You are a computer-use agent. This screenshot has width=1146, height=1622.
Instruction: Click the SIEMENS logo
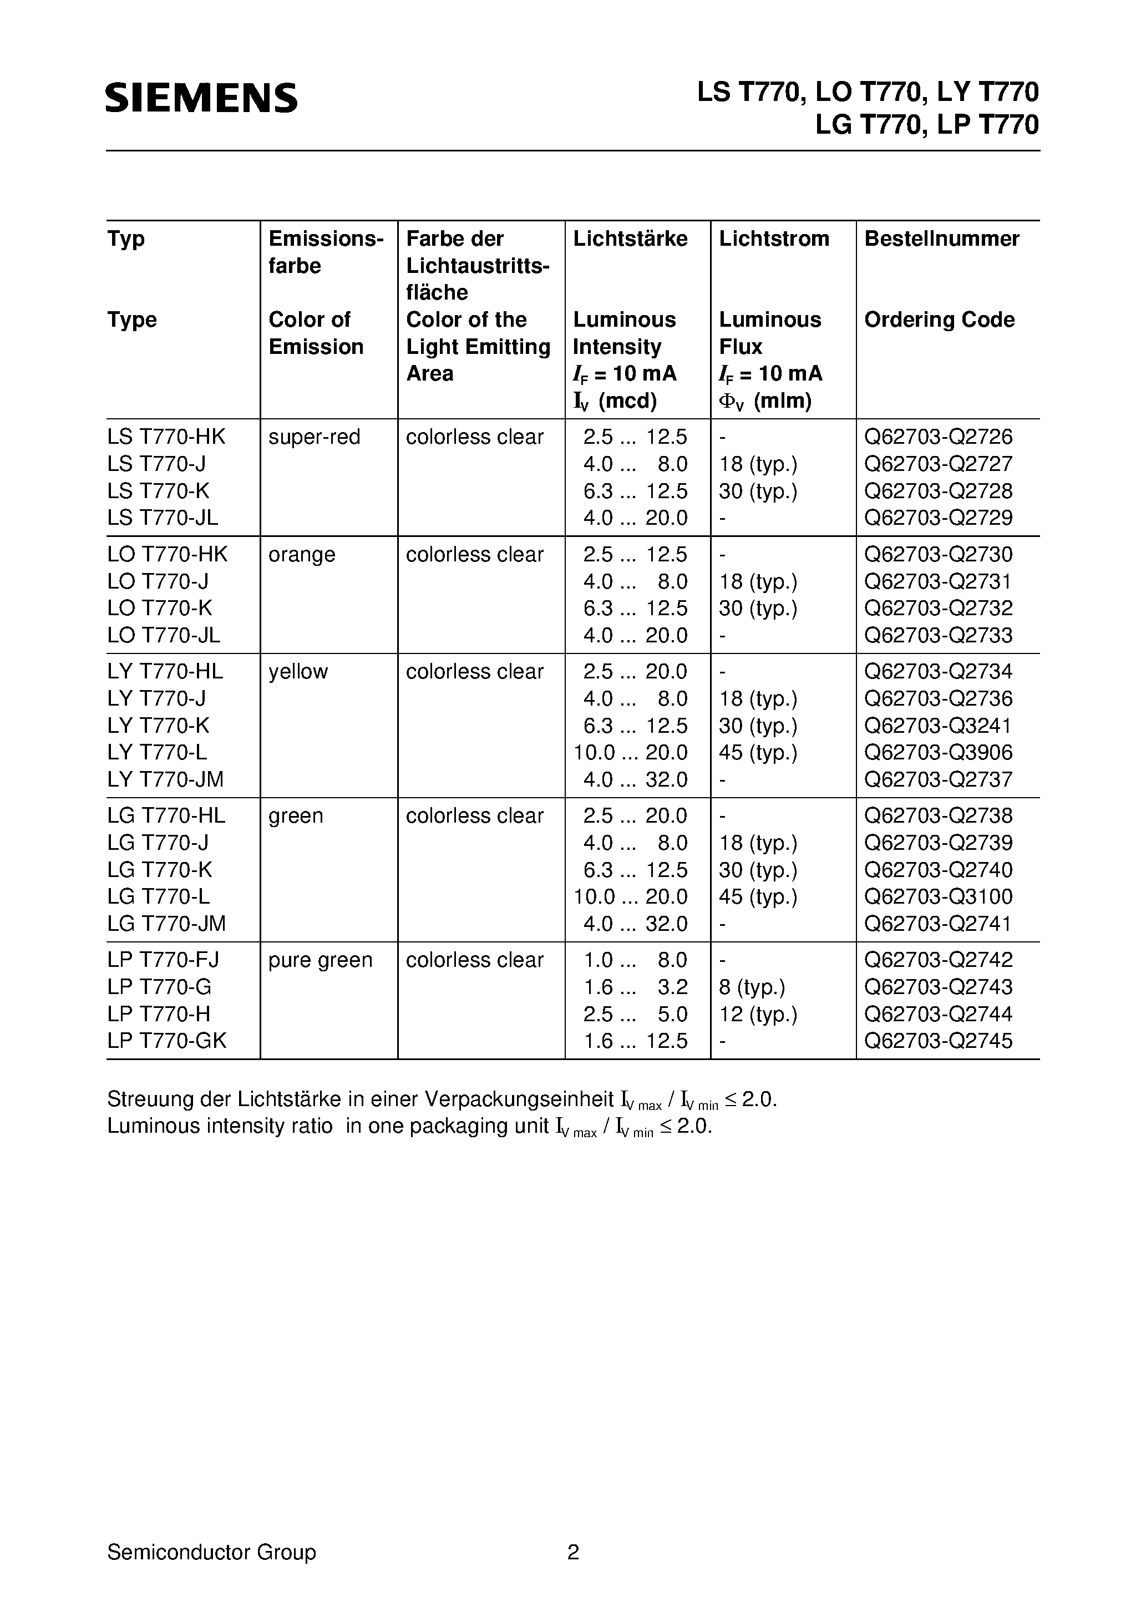(201, 98)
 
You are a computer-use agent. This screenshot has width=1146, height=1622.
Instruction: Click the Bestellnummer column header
(941, 239)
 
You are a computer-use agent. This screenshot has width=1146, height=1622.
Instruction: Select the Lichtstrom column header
(774, 239)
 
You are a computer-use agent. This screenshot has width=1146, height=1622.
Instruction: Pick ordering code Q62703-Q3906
(939, 752)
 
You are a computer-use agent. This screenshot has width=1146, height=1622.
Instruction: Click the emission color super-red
(314, 437)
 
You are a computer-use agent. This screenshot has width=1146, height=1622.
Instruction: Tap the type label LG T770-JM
(167, 923)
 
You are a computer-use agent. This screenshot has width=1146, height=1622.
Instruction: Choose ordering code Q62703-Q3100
(939, 896)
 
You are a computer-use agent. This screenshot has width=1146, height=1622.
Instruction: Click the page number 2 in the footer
(573, 1552)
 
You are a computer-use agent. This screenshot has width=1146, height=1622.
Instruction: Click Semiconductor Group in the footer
(211, 1552)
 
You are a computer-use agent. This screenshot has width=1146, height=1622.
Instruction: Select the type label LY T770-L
(158, 752)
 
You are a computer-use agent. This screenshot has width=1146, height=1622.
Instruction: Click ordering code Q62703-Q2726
(939, 437)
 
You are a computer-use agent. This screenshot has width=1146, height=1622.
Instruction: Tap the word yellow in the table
(298, 672)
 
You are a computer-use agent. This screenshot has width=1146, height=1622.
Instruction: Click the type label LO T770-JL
(164, 635)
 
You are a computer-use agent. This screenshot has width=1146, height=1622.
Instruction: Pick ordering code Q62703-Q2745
(939, 1041)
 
